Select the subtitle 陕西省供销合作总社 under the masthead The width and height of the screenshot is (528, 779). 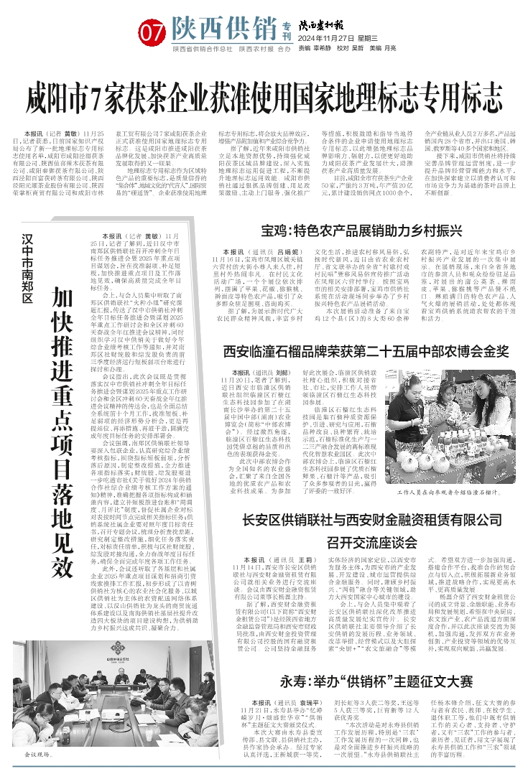203,49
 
